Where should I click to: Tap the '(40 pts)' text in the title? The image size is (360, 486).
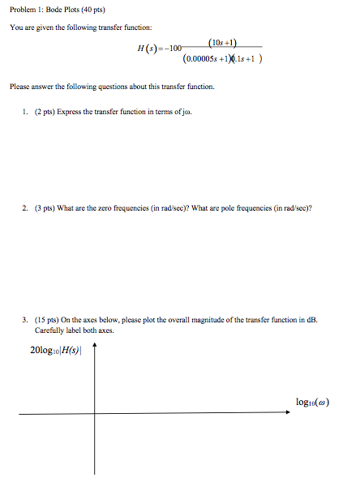(x=92, y=10)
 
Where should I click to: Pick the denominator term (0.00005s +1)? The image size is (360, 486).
(x=211, y=58)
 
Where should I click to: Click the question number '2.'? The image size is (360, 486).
(x=26, y=207)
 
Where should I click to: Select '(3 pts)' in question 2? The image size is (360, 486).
(x=44, y=207)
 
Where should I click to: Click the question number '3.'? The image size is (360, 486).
(x=26, y=320)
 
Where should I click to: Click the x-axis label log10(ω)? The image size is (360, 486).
(x=313, y=403)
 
